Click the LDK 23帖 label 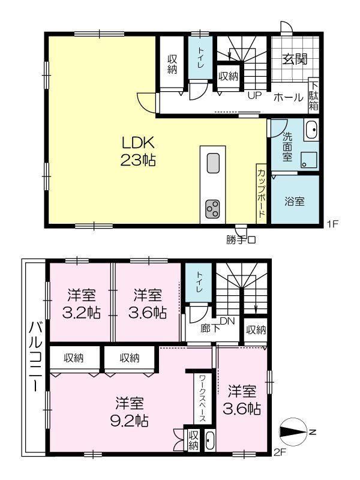click(x=138, y=151)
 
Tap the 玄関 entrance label click(x=294, y=59)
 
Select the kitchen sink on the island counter click(x=213, y=163)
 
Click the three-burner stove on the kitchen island click(x=212, y=209)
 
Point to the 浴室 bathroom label click(x=295, y=202)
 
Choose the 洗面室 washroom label click(x=287, y=146)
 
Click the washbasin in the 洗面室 click(x=311, y=130)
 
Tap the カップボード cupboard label click(x=261, y=193)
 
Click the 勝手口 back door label click(x=241, y=240)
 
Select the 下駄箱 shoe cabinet click(x=313, y=96)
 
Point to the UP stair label click(x=254, y=96)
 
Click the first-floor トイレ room click(x=200, y=58)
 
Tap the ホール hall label click(x=289, y=97)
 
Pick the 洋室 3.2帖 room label click(x=81, y=304)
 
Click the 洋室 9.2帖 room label click(x=129, y=412)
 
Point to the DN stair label click(x=227, y=321)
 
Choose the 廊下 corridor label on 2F click(x=211, y=328)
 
